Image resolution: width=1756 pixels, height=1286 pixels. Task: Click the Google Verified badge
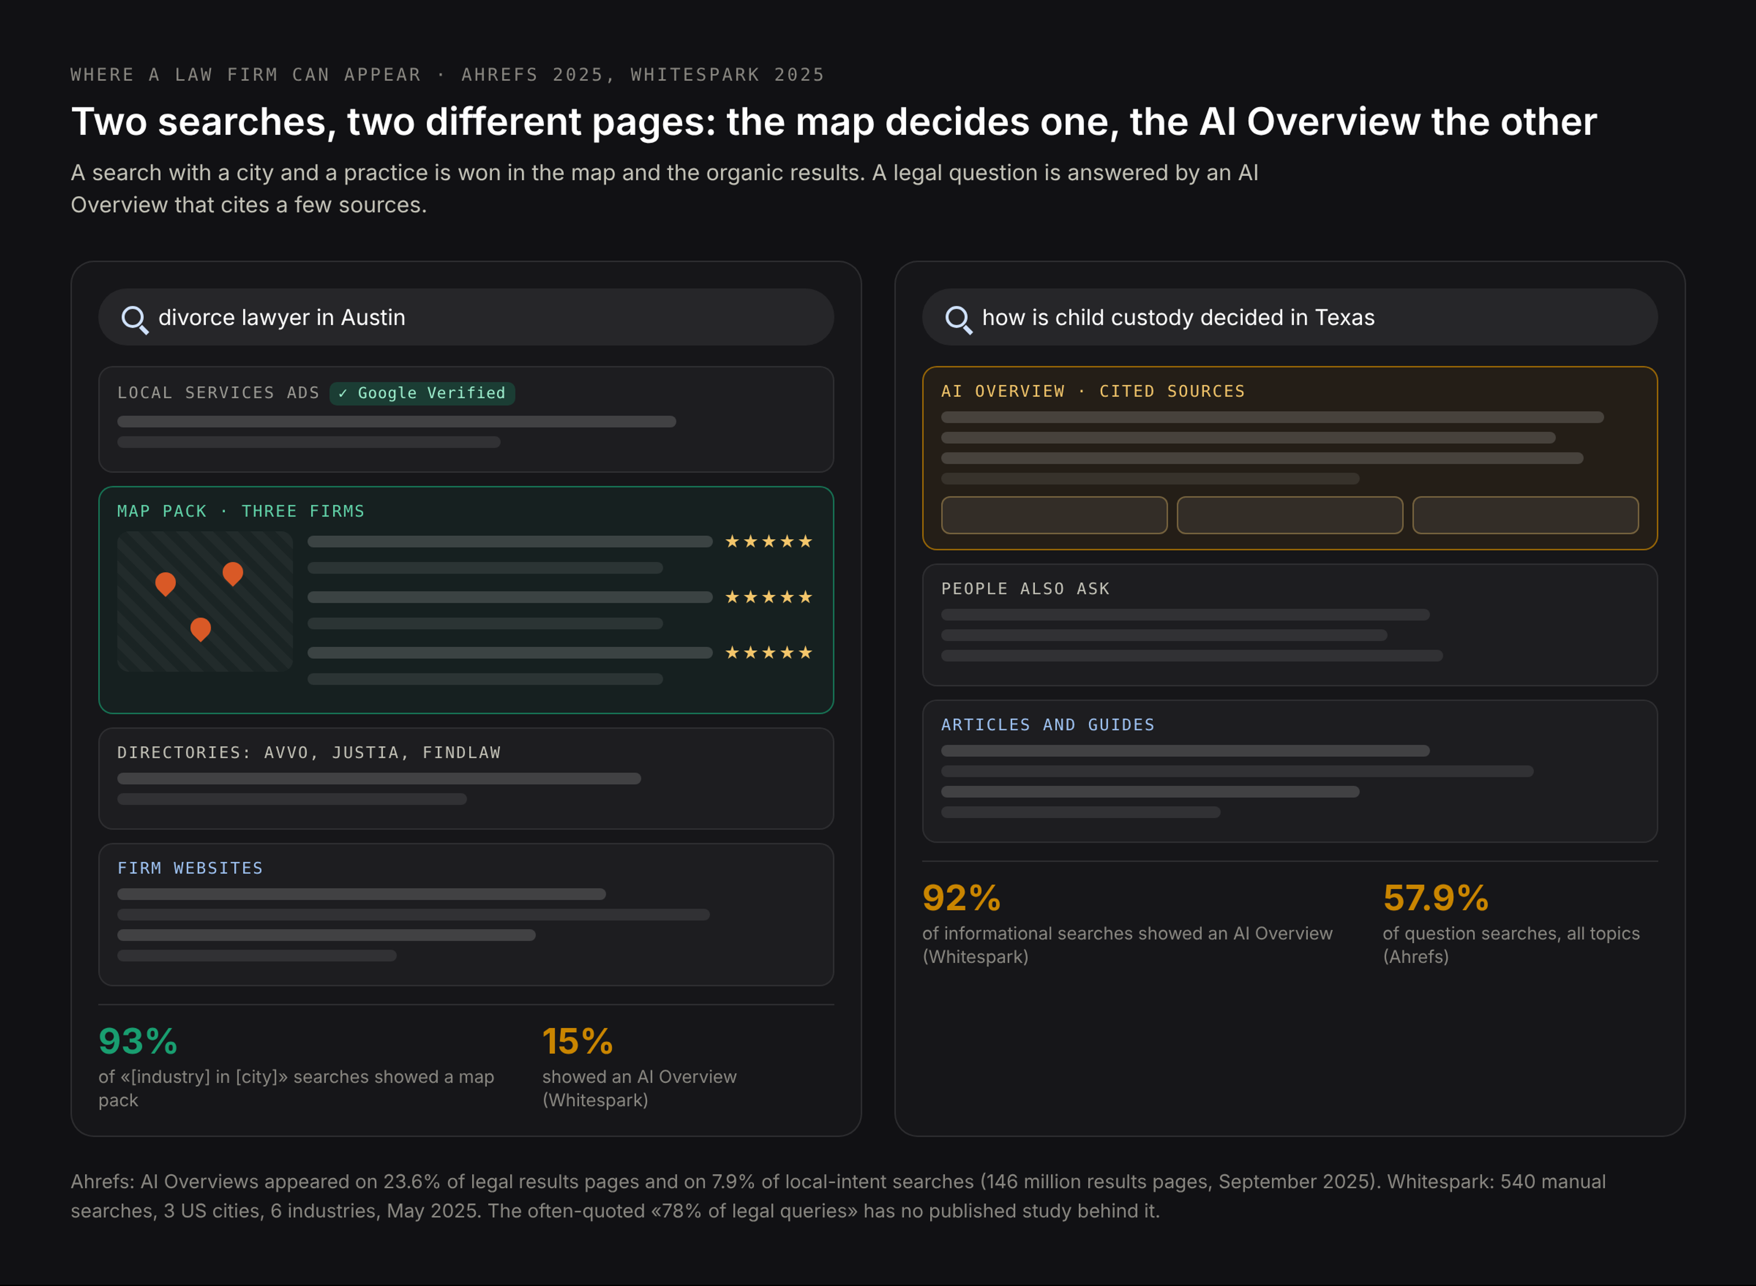[x=422, y=393]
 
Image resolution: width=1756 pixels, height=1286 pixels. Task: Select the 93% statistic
[x=138, y=1041]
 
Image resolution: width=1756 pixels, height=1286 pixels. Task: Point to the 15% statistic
[x=577, y=1041]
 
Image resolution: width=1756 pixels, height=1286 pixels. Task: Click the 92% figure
[x=961, y=898]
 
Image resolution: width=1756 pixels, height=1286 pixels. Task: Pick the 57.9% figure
[x=1435, y=898]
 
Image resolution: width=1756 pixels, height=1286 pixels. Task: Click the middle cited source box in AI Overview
[x=1290, y=515]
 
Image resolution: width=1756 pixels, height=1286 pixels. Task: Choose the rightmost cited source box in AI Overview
[x=1526, y=515]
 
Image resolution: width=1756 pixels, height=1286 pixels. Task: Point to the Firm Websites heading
[x=190, y=869]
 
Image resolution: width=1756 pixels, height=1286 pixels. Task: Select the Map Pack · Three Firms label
[x=241, y=512]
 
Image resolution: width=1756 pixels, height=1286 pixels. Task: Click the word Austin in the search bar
[x=373, y=318]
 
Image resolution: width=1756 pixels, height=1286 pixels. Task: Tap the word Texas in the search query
[x=1345, y=318]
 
